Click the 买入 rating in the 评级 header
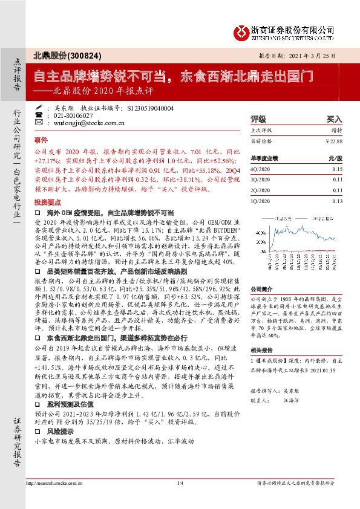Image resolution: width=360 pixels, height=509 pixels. tap(334, 120)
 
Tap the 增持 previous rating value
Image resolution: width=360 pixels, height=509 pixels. tap(336, 130)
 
